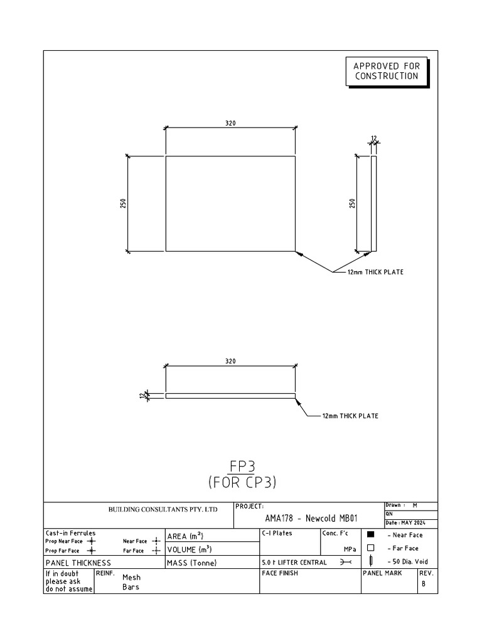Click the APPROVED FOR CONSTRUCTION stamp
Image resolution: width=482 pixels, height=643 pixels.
(x=385, y=71)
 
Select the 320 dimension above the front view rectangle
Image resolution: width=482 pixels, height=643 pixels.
(x=230, y=124)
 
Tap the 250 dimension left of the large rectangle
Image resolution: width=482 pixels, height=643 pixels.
(x=124, y=204)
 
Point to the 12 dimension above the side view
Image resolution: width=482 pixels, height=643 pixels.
(x=373, y=138)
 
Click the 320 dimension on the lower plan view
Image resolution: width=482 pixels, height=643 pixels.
(x=230, y=361)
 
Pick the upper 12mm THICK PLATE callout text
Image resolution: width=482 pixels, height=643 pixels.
(x=375, y=272)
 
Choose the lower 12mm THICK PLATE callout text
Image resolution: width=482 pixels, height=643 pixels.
(x=350, y=416)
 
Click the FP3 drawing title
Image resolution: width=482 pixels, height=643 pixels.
(x=242, y=466)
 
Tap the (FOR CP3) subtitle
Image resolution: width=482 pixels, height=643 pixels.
(x=242, y=482)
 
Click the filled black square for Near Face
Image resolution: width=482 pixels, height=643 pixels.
(x=370, y=535)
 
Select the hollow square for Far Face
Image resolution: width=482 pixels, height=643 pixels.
(x=370, y=548)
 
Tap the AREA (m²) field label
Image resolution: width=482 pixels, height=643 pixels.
(x=185, y=536)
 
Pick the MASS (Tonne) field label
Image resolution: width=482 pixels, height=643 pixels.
(x=191, y=563)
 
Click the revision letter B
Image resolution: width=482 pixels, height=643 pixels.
(x=423, y=584)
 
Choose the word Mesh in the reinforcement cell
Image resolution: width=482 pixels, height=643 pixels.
(x=132, y=577)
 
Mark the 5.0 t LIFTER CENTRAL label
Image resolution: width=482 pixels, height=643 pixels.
(x=294, y=563)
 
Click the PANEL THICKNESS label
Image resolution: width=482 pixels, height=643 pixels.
(x=78, y=563)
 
